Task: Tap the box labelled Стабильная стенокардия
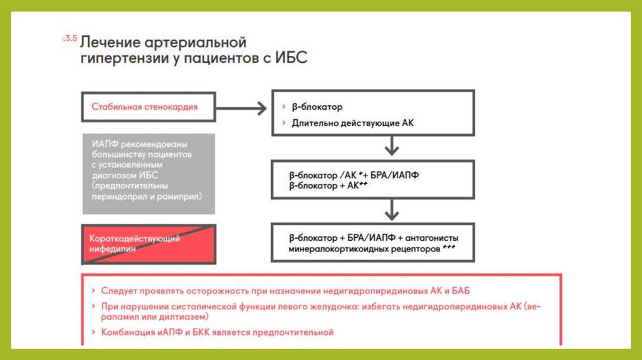(x=144, y=107)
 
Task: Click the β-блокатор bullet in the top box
(x=317, y=107)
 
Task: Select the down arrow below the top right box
(x=392, y=148)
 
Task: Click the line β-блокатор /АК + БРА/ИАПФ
(x=354, y=175)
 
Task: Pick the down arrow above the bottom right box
(x=392, y=210)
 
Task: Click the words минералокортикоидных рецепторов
(x=364, y=248)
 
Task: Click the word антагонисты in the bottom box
(x=433, y=238)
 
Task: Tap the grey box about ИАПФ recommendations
(x=149, y=174)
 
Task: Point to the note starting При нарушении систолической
(x=313, y=307)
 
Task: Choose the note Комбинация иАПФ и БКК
(x=217, y=332)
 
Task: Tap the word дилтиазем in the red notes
(x=162, y=318)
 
